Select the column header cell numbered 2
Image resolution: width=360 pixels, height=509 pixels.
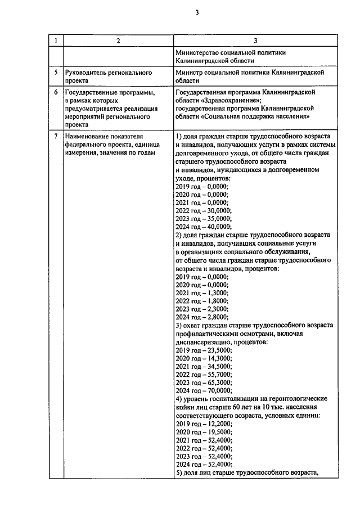pyautogui.click(x=118, y=41)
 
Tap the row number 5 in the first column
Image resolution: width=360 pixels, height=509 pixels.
pyautogui.click(x=55, y=73)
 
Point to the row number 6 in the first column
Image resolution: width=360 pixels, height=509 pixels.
pyautogui.click(x=55, y=92)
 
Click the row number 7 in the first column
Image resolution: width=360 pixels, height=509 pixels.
pyautogui.click(x=55, y=137)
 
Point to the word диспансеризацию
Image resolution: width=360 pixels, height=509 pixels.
pyautogui.click(x=204, y=341)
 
